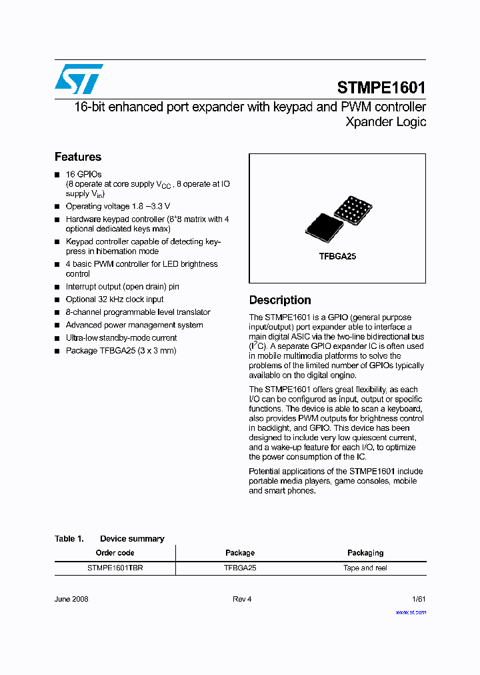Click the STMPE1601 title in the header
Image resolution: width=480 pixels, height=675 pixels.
tap(381, 87)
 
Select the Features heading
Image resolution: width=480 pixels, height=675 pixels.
tap(78, 157)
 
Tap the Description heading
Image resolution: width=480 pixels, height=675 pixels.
tap(280, 300)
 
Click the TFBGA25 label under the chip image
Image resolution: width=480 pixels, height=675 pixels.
tap(337, 256)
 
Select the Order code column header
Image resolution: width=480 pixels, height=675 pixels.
tap(115, 553)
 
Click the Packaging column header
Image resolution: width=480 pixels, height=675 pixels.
tap(365, 553)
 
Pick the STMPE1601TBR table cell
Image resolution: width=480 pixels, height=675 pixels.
tap(115, 568)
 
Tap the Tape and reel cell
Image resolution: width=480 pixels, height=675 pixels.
tap(365, 568)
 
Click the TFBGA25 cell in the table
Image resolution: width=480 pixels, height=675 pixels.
tap(240, 568)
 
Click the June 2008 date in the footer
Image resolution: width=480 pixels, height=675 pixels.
tap(71, 599)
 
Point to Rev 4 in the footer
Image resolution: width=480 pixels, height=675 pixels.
tap(242, 599)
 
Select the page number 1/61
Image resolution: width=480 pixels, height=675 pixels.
tap(419, 599)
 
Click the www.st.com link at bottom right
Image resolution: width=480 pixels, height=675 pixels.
tap(411, 612)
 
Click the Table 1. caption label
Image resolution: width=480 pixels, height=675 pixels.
tap(69, 539)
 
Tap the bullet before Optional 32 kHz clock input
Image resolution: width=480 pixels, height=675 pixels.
tap(57, 300)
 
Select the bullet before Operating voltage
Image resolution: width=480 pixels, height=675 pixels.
tap(57, 207)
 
